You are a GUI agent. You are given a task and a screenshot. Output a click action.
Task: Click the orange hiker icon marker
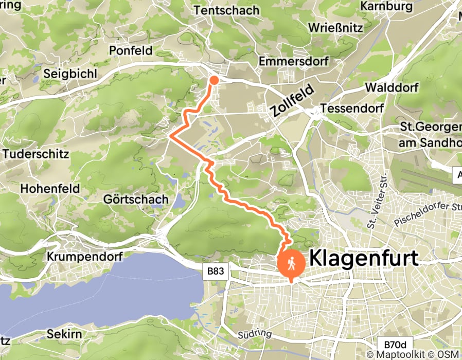click(x=291, y=263)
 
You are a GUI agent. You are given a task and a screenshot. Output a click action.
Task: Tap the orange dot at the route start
click(x=214, y=80)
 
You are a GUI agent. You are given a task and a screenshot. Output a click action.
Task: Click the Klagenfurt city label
click(x=364, y=258)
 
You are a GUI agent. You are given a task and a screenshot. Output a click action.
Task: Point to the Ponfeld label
click(x=131, y=50)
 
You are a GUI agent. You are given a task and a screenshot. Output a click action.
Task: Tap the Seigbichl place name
click(x=70, y=74)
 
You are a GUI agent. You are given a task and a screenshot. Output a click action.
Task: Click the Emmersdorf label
click(x=294, y=61)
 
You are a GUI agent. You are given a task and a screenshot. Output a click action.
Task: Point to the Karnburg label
click(x=387, y=6)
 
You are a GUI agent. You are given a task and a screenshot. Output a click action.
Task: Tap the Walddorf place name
click(x=391, y=87)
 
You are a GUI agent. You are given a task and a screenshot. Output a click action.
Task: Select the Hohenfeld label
click(x=50, y=189)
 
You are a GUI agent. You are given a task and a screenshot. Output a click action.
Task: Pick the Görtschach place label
click(x=129, y=199)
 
